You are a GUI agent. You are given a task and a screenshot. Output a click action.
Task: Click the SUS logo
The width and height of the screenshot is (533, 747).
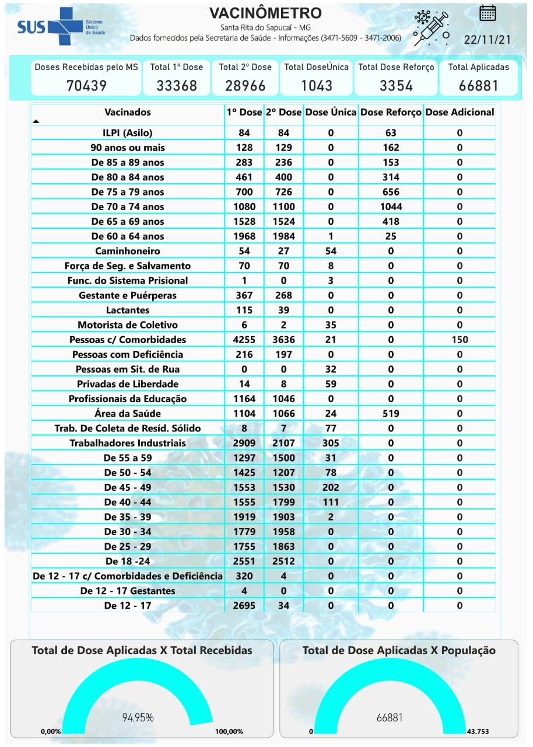tap(52, 26)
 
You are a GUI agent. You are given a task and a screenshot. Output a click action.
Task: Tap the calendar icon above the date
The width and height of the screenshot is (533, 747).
tap(488, 13)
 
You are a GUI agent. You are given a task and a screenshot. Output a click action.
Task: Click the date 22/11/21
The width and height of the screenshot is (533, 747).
tap(488, 39)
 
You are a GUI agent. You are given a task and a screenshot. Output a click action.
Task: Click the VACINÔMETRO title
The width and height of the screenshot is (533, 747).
tap(265, 13)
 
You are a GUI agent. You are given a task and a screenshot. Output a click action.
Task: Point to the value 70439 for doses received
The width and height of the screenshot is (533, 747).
tap(86, 85)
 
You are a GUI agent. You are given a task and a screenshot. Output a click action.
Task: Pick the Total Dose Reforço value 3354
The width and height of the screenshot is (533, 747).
tap(396, 85)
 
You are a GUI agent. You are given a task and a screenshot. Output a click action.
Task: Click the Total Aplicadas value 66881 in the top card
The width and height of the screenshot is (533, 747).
tap(478, 85)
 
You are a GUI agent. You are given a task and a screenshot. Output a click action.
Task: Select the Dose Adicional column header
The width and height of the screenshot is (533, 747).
tap(460, 112)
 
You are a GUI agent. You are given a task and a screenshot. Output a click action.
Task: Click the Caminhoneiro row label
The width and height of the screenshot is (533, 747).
tap(128, 251)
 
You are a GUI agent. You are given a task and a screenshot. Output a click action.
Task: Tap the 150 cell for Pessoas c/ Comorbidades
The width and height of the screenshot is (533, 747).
tap(460, 340)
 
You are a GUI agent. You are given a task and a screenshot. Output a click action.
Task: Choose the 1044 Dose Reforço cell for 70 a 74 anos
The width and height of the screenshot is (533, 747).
tap(390, 207)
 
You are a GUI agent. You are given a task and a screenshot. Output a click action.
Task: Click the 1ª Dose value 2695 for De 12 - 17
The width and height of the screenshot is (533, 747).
tap(244, 606)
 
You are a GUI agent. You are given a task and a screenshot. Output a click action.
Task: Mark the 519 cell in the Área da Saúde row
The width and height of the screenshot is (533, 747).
tap(390, 413)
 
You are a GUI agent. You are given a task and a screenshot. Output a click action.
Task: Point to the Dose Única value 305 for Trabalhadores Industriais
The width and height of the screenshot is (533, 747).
tap(331, 443)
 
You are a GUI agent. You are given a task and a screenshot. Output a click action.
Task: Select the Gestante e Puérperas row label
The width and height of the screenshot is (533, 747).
tap(128, 295)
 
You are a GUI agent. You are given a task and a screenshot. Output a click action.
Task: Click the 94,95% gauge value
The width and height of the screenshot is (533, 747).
tap(138, 717)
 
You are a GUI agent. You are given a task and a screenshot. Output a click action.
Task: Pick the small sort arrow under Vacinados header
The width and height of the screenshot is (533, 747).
tap(36, 121)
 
